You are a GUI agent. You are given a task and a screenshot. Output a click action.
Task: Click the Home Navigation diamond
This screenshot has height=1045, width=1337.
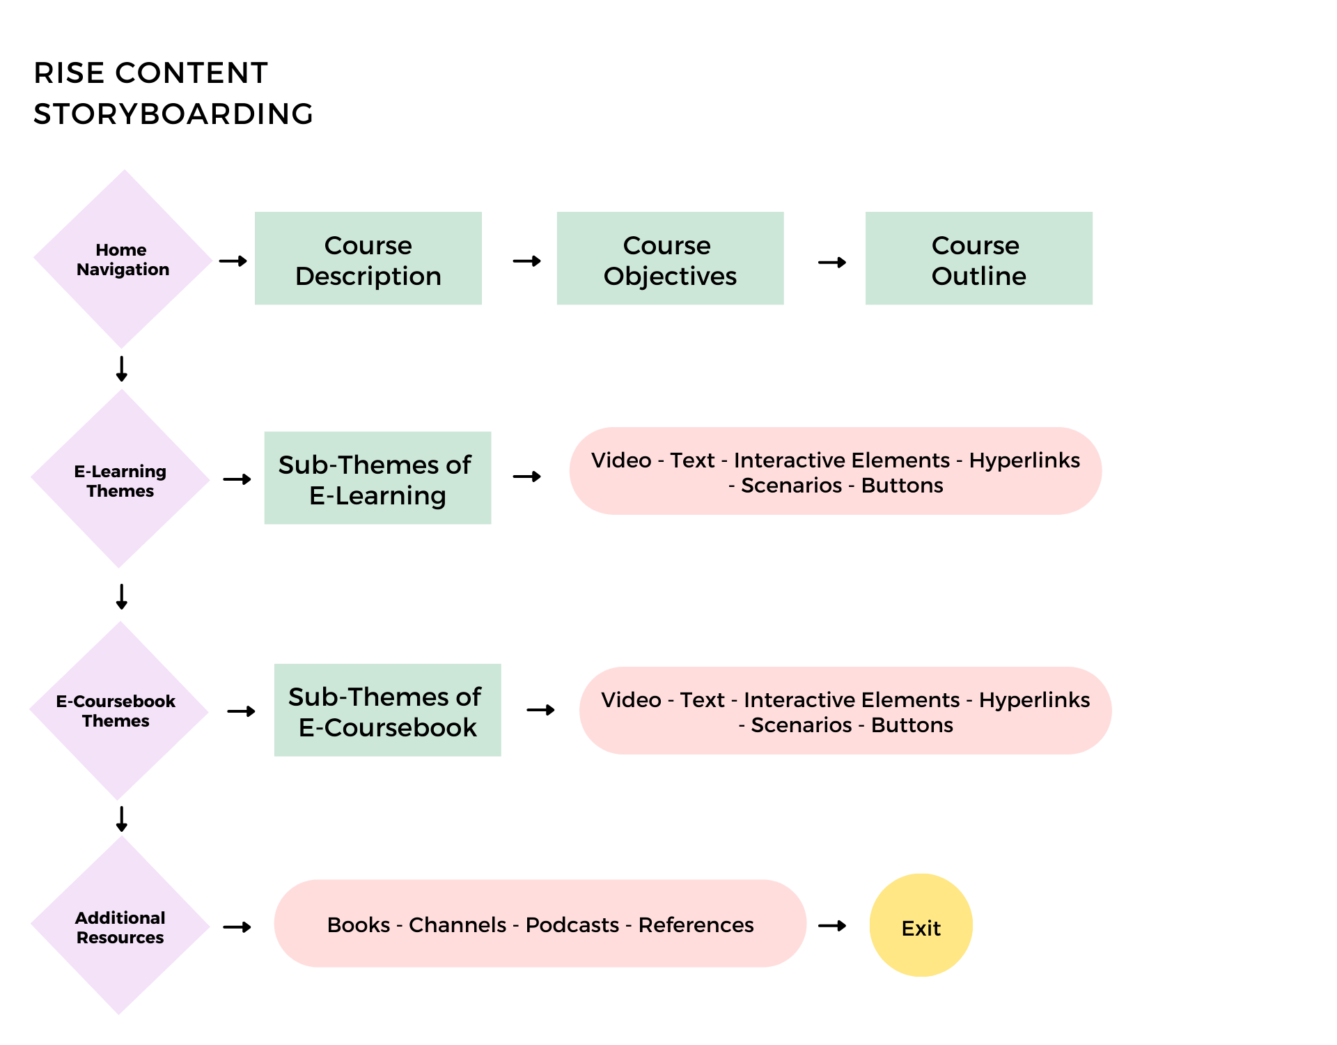[123, 259]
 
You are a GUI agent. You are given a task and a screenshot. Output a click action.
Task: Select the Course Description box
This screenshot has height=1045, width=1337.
[368, 258]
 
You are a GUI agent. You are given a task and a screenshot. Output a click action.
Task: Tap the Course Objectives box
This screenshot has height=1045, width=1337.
[671, 258]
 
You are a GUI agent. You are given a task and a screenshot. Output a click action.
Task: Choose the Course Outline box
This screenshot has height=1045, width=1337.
[979, 258]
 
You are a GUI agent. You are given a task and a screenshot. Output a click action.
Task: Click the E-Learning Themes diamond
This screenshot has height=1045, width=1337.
[120, 479]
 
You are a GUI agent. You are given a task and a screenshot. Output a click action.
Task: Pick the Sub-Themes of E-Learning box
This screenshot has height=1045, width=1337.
[378, 478]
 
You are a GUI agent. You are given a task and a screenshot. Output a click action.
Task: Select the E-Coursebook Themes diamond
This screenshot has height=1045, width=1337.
[119, 711]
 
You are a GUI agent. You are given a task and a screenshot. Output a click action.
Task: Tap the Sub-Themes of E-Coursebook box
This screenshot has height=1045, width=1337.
[388, 710]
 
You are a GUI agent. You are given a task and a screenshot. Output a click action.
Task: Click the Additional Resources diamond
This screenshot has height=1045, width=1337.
[120, 925]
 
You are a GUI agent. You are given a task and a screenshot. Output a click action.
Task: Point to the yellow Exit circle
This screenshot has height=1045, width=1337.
[921, 925]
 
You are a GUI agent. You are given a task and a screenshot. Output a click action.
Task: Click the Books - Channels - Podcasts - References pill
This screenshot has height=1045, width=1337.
[540, 924]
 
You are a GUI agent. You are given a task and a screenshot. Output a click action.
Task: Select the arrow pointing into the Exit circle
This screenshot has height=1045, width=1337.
[833, 926]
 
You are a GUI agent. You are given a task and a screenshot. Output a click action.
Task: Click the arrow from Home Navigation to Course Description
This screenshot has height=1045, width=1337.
[233, 261]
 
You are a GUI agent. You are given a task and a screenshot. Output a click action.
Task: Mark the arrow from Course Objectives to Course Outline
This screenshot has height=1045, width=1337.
[833, 263]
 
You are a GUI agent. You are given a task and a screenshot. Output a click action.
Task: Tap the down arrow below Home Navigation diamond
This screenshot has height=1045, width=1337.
[122, 369]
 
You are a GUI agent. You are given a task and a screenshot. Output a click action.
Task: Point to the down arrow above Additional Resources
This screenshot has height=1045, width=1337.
[122, 819]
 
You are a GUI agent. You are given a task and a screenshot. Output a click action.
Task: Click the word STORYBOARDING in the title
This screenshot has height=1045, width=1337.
[173, 114]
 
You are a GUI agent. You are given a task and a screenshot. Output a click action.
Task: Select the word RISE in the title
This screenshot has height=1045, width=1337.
[69, 73]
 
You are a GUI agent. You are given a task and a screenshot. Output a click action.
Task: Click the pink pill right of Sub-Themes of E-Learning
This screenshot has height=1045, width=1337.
[836, 471]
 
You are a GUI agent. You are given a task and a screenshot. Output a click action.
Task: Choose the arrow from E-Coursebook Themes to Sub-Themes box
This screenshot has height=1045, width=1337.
[242, 711]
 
